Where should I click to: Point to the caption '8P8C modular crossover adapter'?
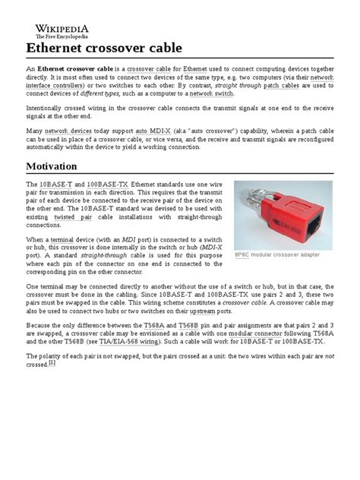[276, 254]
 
